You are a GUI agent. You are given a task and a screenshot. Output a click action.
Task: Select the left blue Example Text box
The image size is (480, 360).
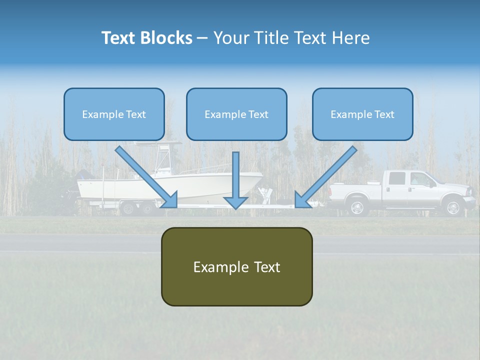click(114, 114)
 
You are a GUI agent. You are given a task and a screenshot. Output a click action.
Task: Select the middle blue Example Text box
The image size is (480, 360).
click(236, 114)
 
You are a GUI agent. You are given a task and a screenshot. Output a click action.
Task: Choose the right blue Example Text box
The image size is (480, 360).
click(362, 114)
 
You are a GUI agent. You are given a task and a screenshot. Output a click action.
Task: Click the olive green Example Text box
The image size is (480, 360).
click(236, 266)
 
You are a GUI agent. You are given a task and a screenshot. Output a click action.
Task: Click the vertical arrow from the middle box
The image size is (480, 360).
click(235, 180)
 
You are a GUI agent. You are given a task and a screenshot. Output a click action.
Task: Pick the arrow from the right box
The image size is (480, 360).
click(327, 176)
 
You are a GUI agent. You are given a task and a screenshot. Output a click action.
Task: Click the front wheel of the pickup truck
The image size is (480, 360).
click(452, 207)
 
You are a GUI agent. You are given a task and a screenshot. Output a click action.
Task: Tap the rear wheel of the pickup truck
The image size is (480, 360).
click(357, 207)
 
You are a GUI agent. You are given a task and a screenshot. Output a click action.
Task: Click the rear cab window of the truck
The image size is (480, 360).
click(396, 178)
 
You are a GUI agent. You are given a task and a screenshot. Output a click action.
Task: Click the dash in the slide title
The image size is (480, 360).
click(202, 38)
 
